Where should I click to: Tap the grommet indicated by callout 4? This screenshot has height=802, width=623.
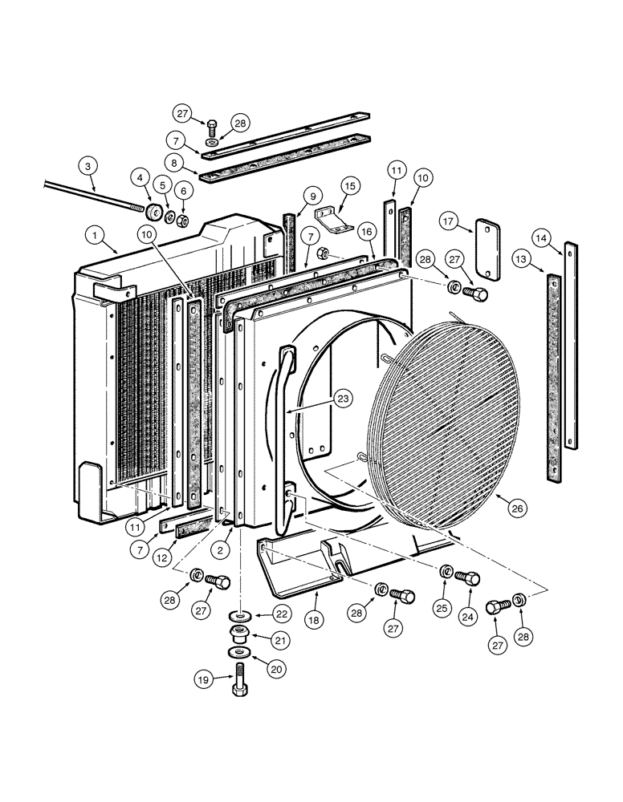coord(150,211)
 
